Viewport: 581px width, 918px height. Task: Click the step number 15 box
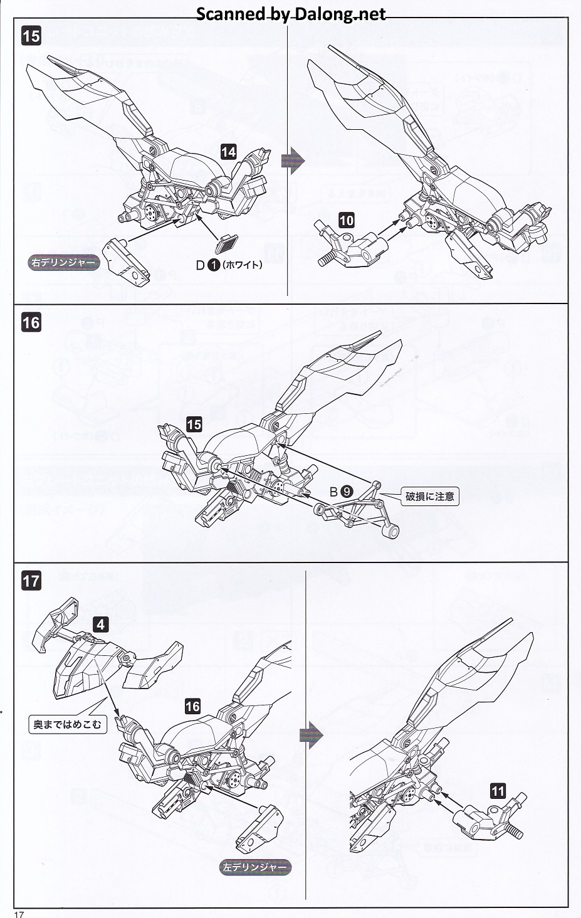pos(31,36)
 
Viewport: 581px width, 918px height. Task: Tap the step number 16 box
pos(31,322)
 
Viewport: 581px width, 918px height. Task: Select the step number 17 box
pos(31,580)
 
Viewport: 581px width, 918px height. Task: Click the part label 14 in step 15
pos(228,151)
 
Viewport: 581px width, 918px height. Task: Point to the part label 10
pos(346,220)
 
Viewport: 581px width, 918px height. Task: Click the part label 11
pos(498,791)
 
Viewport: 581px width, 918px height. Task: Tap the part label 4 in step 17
pos(101,624)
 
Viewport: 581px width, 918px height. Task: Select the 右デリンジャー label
pos(63,262)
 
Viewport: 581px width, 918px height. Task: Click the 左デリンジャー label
pos(255,867)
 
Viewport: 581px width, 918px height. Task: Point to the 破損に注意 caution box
pos(429,497)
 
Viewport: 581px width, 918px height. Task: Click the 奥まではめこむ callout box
pos(68,724)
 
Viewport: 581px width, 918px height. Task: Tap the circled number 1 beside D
pos(213,265)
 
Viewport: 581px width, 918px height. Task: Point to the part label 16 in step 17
pos(192,706)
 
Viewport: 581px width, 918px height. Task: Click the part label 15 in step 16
pos(194,425)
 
